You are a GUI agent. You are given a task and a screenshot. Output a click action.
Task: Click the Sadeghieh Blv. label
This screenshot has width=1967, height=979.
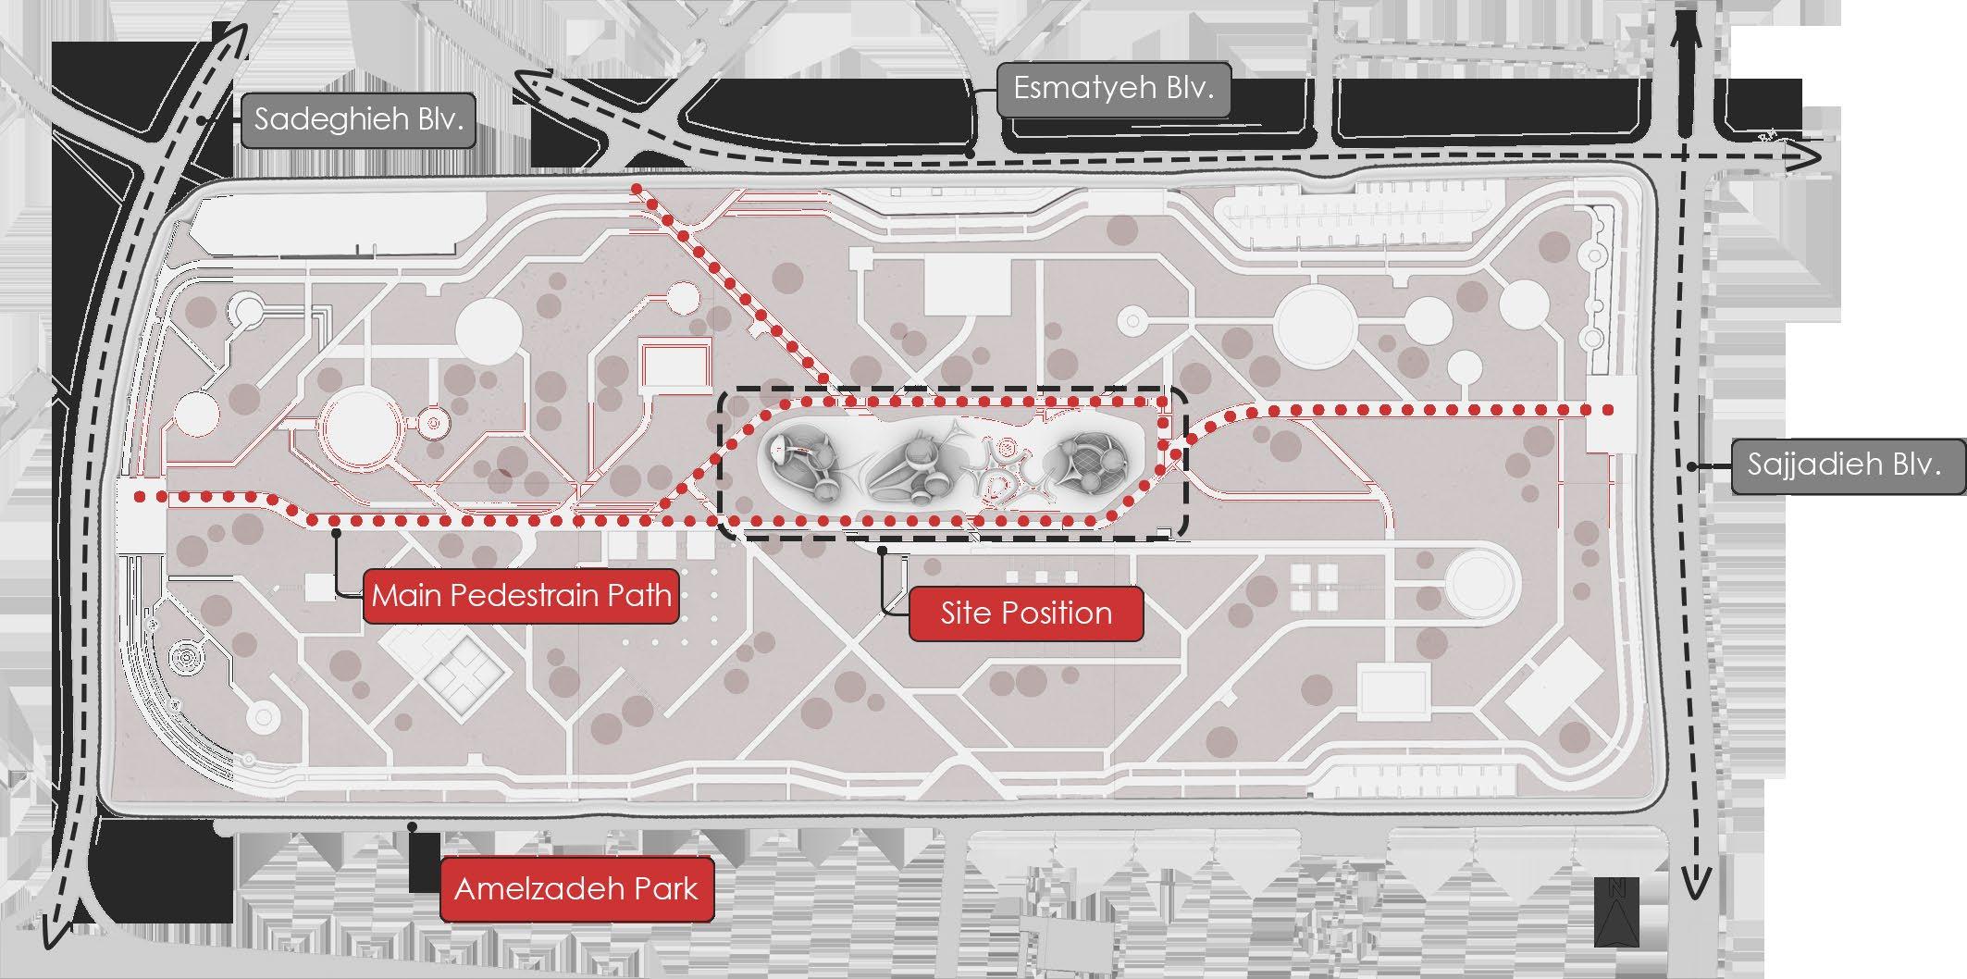click(358, 119)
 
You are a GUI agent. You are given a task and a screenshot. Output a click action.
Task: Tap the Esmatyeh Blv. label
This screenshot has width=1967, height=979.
click(1113, 89)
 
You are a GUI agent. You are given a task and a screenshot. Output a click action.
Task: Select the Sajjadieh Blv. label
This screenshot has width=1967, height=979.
click(1844, 465)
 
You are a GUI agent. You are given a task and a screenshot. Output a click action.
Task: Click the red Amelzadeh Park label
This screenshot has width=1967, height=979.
click(576, 889)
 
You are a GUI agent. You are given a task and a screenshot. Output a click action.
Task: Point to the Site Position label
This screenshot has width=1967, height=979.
click(1026, 613)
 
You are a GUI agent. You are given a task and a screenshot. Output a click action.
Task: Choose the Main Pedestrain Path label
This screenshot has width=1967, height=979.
click(522, 595)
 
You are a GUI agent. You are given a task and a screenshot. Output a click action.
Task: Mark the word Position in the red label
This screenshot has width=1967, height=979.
click(1058, 613)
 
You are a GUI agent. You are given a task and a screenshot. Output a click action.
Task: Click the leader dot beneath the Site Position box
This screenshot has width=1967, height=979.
click(883, 551)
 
